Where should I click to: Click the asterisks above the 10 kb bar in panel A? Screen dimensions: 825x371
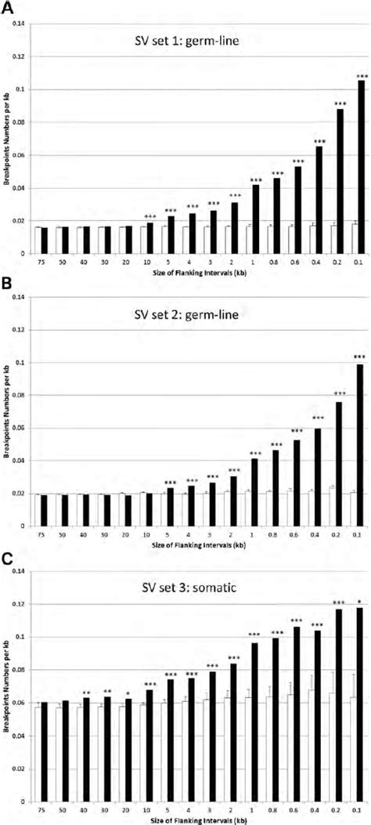pyautogui.click(x=149, y=217)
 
